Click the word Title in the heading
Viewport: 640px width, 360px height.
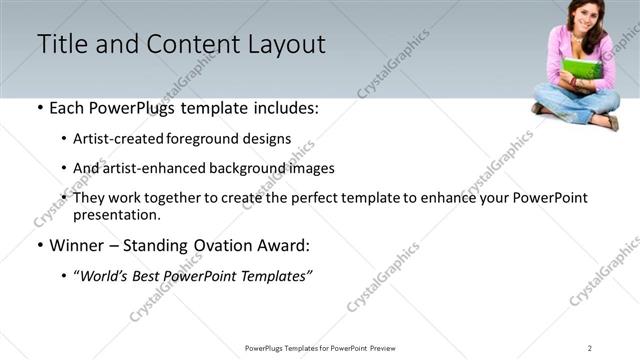coord(60,44)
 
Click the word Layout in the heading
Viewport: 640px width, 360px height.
coord(285,44)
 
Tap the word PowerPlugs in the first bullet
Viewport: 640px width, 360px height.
coord(130,108)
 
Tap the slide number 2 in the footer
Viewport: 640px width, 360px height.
coord(590,347)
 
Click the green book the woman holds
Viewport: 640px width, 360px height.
coord(580,71)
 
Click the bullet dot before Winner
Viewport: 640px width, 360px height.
coord(39,246)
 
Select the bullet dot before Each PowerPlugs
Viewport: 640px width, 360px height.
coord(39,108)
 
